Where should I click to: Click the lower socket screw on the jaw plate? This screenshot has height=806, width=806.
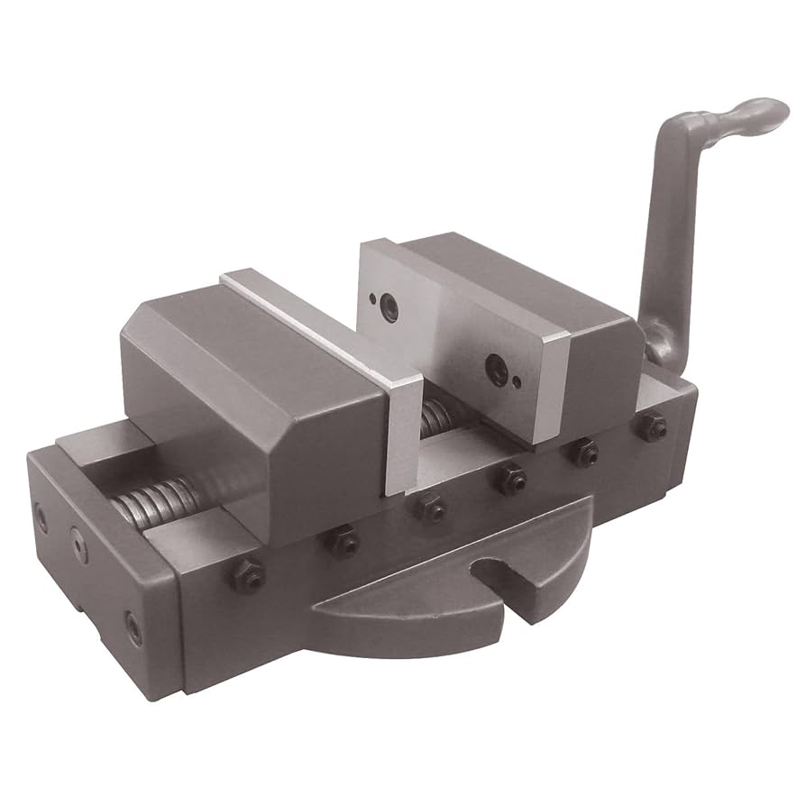(495, 367)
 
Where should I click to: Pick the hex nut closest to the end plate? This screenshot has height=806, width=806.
(249, 575)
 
